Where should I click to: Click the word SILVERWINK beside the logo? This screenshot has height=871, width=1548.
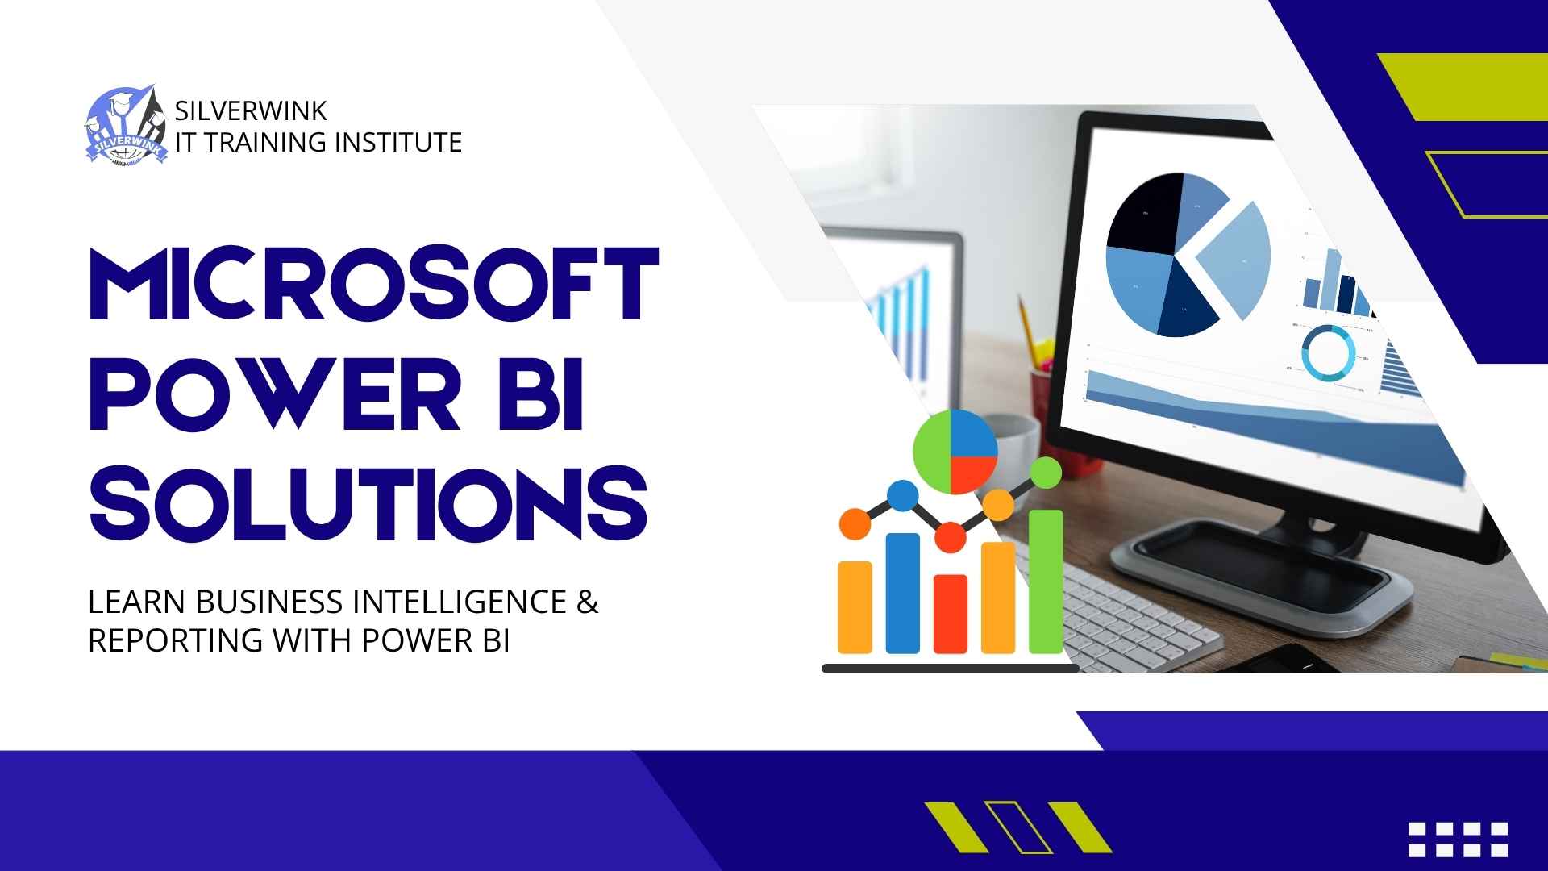[x=251, y=110]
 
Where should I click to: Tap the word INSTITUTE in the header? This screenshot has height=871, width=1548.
[x=397, y=142]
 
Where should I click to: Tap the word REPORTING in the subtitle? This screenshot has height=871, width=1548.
[x=175, y=640]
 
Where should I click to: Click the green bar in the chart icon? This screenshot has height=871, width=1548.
[x=1046, y=581]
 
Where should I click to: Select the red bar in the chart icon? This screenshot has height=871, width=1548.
[x=951, y=613]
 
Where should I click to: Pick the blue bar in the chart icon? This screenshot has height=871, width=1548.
[x=903, y=593]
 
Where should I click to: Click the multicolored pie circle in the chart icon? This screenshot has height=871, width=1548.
[x=955, y=452]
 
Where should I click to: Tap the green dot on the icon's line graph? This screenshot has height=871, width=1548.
[x=1046, y=472]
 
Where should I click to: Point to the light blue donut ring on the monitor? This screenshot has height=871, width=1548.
[x=1328, y=352]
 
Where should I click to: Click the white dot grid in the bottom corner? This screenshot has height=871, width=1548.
[x=1458, y=840]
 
